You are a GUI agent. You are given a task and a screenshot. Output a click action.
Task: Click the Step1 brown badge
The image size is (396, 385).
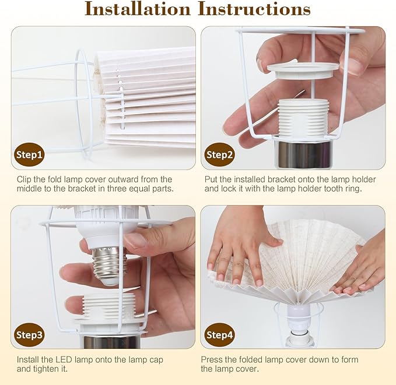pos(29,154)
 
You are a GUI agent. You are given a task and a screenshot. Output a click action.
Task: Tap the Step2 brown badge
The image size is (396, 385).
pos(219,154)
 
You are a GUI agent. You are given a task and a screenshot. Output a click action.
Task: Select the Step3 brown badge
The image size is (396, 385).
pos(29,335)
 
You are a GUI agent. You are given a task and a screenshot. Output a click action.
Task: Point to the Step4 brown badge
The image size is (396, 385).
pos(219,335)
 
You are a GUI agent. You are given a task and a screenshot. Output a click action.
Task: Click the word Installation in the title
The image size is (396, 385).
pos(138,9)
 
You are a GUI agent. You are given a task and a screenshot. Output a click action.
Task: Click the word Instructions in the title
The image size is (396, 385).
pos(254,9)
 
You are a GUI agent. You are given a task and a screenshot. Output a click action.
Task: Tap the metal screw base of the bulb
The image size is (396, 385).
pos(106,266)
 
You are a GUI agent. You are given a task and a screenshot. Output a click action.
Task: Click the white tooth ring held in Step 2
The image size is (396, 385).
pos(303,71)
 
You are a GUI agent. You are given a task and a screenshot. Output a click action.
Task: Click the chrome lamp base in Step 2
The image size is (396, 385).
pos(303,154)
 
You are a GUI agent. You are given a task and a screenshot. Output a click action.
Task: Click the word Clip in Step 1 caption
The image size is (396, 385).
pos(24,179)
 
